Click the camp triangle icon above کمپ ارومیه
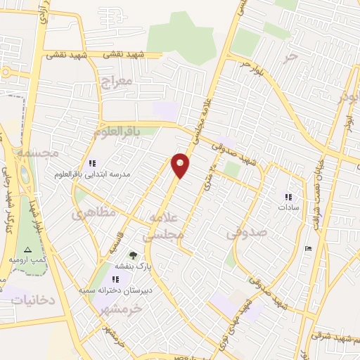tap(27, 250)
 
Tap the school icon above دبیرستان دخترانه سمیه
tap(115, 279)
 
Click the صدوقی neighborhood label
tap(246, 235)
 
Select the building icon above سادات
tap(288, 196)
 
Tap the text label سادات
tap(288, 207)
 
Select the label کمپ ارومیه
tap(27, 260)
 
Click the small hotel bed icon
tap(308, 248)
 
